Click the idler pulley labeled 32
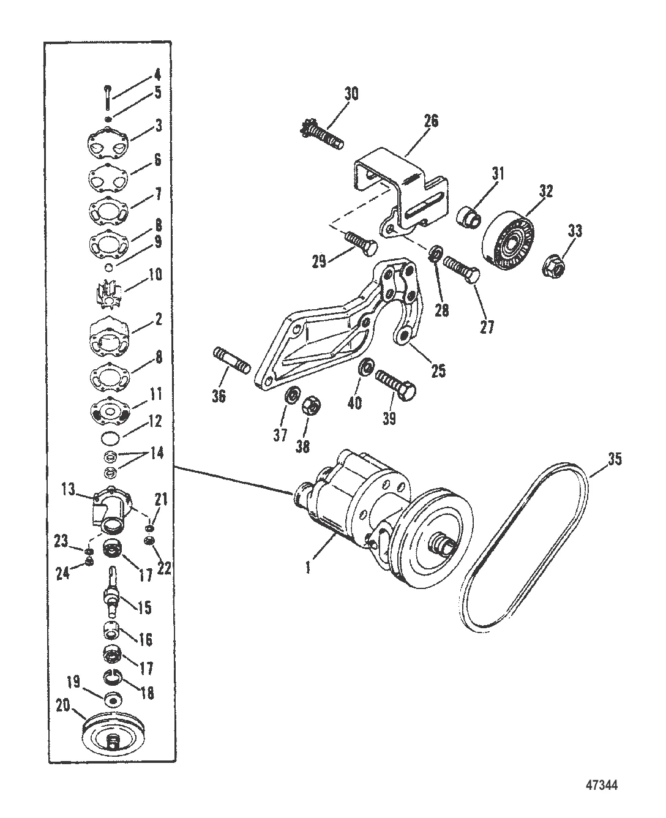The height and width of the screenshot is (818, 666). (509, 238)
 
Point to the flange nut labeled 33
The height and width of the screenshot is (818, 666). (555, 266)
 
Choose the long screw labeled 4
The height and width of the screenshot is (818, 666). (108, 98)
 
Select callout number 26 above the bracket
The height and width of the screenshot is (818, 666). (431, 121)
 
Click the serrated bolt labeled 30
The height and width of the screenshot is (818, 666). (321, 135)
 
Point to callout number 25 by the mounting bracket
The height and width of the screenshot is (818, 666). (438, 370)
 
